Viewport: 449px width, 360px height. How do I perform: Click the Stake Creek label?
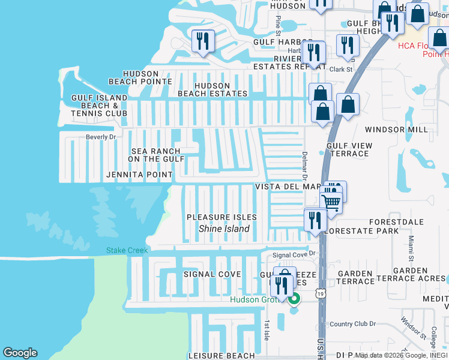pos(127,250)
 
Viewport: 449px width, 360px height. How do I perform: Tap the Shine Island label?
pos(224,229)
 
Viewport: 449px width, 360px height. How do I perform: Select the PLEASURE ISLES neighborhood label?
pos(221,217)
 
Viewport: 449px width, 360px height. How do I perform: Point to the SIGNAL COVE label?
pos(212,274)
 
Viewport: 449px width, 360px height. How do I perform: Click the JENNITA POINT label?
pos(139,175)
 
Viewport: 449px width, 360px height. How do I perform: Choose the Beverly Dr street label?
pos(100,137)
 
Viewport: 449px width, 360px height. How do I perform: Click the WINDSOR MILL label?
pos(396,130)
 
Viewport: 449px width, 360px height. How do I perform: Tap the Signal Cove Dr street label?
pos(294,255)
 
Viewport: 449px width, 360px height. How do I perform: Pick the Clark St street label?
pos(340,70)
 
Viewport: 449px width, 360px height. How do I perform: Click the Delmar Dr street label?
pos(304,165)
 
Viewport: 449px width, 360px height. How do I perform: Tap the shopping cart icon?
pos(331,201)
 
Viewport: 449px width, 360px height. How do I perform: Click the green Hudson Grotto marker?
pos(294,298)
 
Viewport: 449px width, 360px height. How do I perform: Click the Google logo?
pos(20,353)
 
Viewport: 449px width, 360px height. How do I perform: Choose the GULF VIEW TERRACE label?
pos(349,149)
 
